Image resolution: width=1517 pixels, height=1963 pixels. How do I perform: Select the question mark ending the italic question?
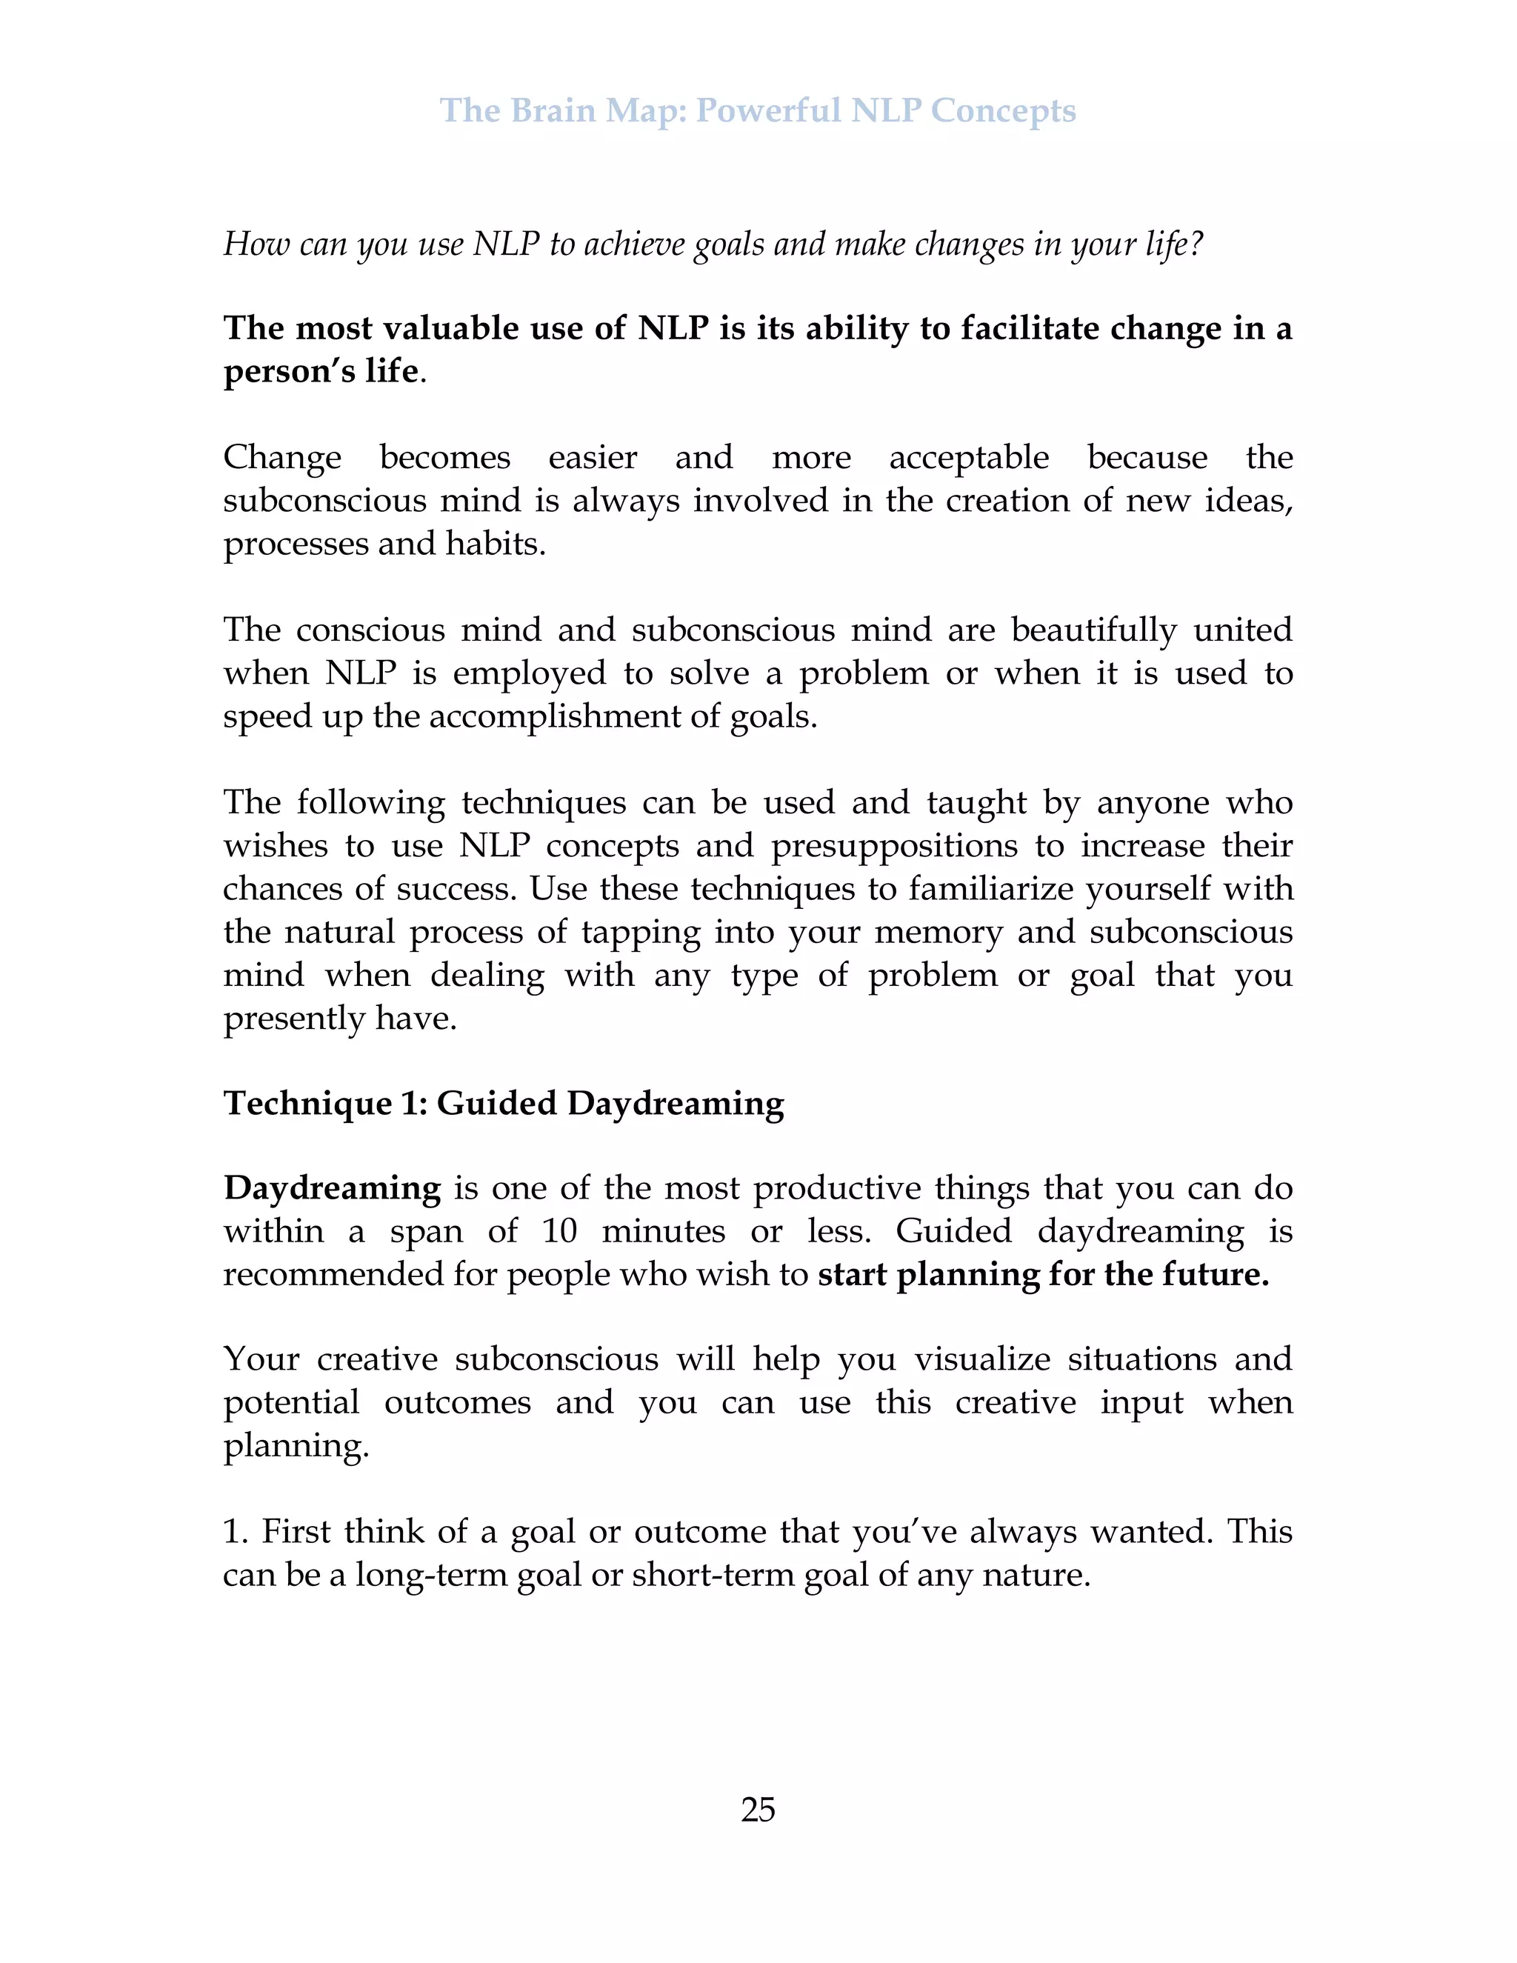coord(1196,244)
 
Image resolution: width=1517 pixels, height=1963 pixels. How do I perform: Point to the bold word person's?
coord(290,371)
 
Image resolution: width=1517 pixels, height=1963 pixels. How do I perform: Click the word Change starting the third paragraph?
coord(282,458)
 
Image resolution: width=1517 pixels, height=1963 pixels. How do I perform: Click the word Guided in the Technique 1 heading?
coord(496,1103)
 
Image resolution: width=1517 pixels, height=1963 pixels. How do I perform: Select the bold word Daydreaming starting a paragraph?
coord(332,1188)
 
